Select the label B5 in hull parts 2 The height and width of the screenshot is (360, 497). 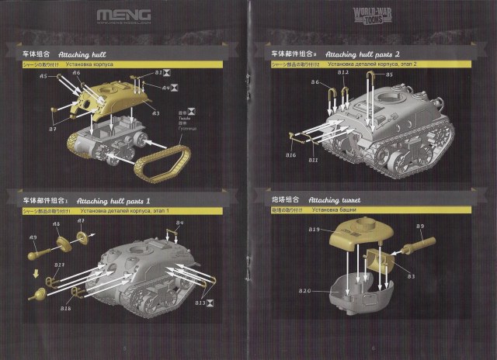click(389, 74)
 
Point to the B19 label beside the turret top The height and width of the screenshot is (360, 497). click(315, 230)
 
